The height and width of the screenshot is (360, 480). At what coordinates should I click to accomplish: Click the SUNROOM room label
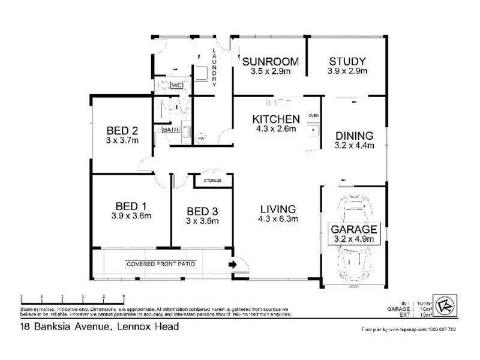coord(269,61)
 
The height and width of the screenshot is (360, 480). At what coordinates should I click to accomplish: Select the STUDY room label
coord(347,61)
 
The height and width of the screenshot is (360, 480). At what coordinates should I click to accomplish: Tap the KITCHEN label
coord(276,118)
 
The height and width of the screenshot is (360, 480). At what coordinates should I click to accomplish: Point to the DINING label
coord(354,135)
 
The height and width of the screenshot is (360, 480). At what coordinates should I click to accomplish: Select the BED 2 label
coord(123,131)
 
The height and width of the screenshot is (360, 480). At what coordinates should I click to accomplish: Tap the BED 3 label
coord(202,211)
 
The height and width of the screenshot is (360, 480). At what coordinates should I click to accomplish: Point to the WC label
coord(176,86)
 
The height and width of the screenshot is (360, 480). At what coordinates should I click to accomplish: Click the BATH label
coord(170,130)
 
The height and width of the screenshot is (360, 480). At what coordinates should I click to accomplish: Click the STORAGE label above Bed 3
coord(212,180)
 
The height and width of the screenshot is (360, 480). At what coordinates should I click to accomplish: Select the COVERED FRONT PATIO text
coord(160,264)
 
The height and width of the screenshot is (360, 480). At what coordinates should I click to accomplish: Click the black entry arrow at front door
coord(232,264)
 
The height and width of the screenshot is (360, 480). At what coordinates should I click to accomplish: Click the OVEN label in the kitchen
coord(313,115)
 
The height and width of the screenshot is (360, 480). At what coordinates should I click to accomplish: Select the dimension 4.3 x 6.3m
coord(278,219)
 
